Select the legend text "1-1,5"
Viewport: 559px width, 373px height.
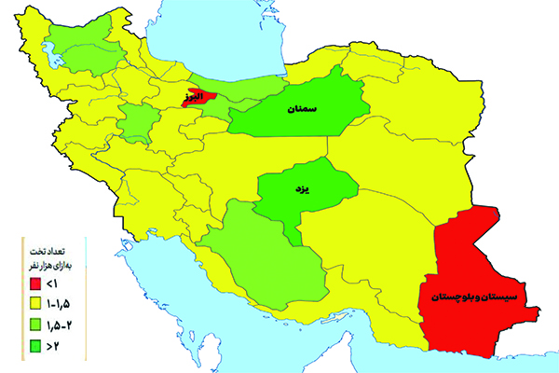[62, 302]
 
